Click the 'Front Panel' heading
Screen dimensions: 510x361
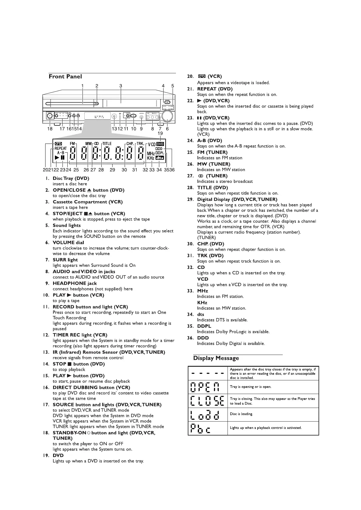pos(65,77)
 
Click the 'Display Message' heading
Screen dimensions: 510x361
pos(216,358)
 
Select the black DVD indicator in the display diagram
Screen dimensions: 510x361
pos(160,144)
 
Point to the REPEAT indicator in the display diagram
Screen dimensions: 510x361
pos(61,148)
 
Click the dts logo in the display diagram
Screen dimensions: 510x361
pos(160,158)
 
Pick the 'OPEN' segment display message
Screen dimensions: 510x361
pos(207,387)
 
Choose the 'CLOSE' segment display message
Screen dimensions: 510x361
pos(207,401)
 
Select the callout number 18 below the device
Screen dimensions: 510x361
pos(50,129)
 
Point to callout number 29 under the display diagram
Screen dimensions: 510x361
pos(112,170)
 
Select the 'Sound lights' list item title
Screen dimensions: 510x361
pos(67,225)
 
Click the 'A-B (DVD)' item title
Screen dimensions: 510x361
pos(210,141)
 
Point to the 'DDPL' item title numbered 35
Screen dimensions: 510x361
pos(204,326)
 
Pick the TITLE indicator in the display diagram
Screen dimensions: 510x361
pos(107,144)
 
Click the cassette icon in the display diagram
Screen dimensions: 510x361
pos(58,144)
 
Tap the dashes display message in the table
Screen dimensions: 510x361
pos(207,373)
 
